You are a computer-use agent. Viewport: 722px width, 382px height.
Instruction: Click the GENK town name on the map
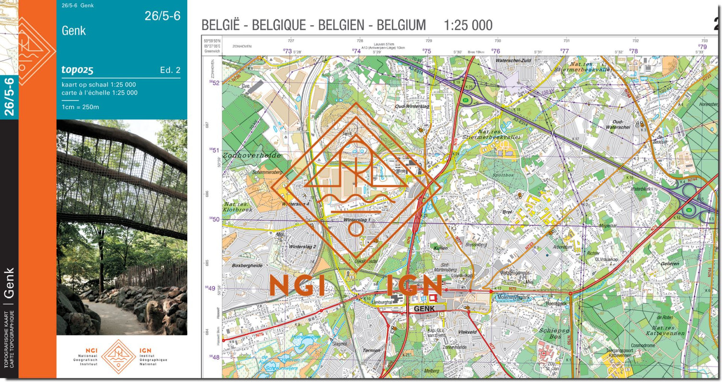click(x=424, y=309)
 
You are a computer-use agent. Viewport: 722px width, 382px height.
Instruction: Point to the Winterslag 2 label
click(x=302, y=247)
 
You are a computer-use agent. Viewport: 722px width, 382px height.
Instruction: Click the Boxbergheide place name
click(x=246, y=265)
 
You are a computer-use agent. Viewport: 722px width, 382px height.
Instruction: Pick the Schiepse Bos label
click(x=554, y=333)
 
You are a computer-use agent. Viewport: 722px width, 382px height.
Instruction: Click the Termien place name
click(x=371, y=351)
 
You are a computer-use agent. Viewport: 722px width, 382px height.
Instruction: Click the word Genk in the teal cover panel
click(x=74, y=31)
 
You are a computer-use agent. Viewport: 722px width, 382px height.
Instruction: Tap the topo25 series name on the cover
click(x=77, y=70)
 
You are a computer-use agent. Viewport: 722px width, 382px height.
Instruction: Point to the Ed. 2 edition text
click(x=170, y=70)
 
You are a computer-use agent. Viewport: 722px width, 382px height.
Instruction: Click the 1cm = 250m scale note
click(x=80, y=107)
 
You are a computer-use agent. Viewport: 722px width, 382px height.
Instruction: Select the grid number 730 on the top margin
click(x=498, y=41)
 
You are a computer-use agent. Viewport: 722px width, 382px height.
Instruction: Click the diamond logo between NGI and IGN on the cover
click(x=118, y=356)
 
